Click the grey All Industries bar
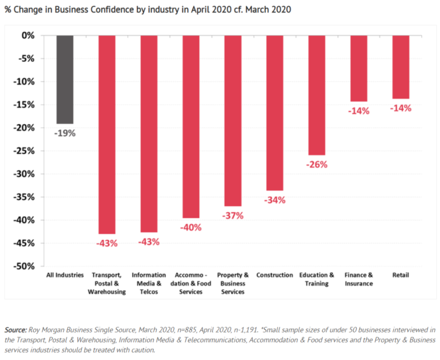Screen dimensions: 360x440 click(65, 79)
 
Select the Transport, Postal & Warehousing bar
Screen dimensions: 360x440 click(107, 133)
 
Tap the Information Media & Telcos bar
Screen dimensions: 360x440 click(149, 133)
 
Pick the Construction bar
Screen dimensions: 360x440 click(275, 113)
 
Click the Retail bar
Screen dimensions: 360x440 click(401, 67)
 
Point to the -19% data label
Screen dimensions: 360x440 click(65, 133)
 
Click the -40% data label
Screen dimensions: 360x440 click(191, 227)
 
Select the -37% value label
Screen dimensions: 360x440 click(233, 215)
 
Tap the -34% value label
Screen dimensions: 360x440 click(275, 200)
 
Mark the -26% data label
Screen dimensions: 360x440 click(317, 164)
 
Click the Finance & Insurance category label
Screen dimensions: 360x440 click(359, 279)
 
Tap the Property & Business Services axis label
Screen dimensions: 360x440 click(233, 283)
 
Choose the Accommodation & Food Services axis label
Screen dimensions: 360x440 click(191, 283)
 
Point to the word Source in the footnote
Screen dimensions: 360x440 click(15, 330)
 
